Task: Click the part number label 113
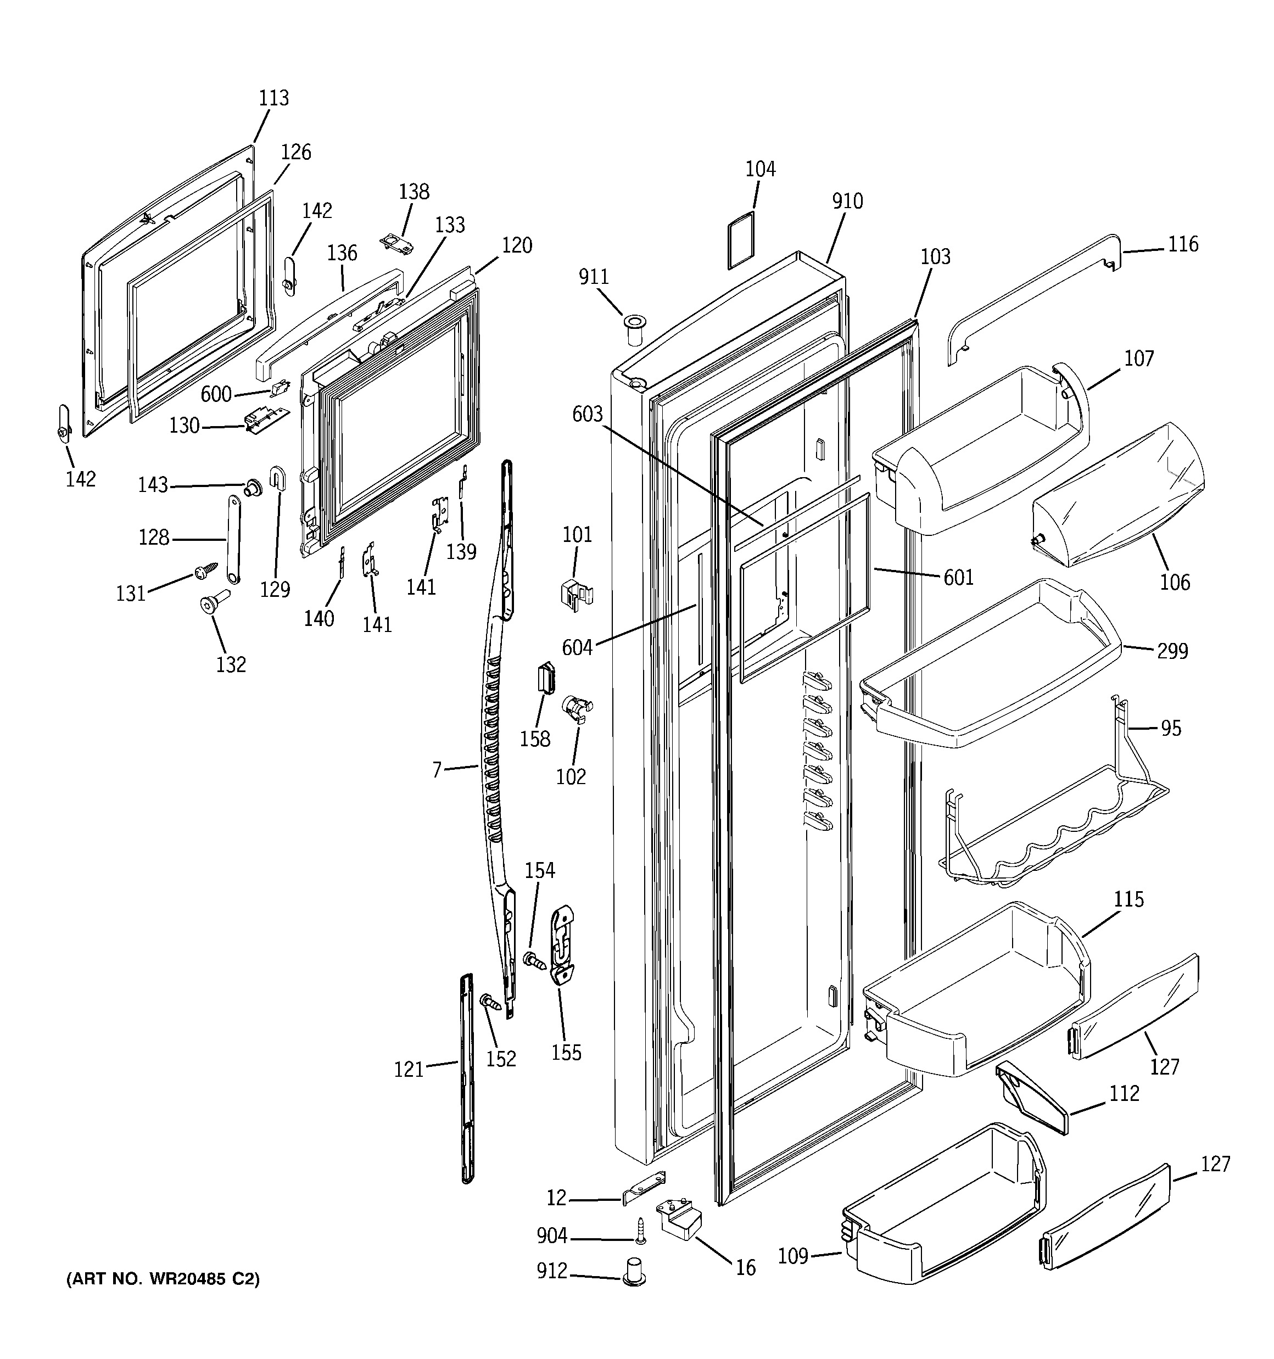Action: (273, 98)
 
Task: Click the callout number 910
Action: (847, 202)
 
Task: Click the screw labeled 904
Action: (641, 1231)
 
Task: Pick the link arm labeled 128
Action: (232, 540)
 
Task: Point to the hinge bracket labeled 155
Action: (562, 945)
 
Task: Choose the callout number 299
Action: (1172, 651)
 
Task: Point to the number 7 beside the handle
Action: (437, 770)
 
